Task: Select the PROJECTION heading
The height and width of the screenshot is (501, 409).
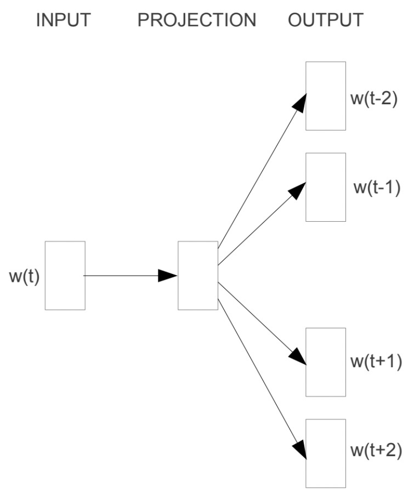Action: [x=197, y=21]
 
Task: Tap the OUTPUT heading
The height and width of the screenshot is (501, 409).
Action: [x=325, y=21]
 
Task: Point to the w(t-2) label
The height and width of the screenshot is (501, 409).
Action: [x=374, y=98]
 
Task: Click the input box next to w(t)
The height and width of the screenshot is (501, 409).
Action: [x=65, y=276]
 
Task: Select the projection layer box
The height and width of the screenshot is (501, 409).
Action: [x=198, y=276]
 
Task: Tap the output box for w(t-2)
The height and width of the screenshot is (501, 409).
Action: [x=326, y=96]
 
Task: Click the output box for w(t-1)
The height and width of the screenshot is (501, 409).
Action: [x=326, y=187]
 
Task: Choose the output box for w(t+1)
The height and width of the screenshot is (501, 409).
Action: [x=326, y=362]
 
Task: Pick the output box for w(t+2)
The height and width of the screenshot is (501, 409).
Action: [x=326, y=453]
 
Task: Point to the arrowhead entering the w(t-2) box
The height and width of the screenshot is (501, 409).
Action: [x=300, y=103]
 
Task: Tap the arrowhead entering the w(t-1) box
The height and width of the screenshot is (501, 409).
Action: [x=298, y=190]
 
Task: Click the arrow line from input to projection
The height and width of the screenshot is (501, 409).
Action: [x=121, y=276]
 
